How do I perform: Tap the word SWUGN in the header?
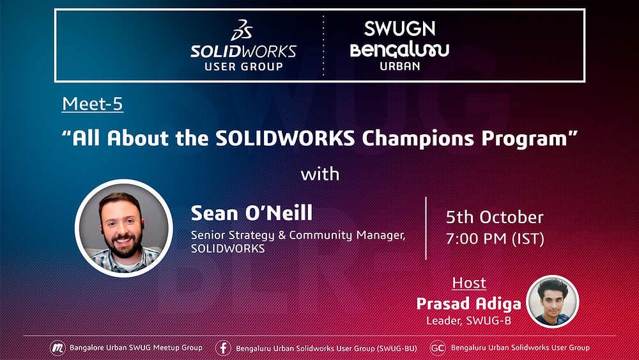pyautogui.click(x=399, y=28)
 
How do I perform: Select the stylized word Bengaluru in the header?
pyautogui.click(x=399, y=49)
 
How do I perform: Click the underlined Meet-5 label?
pyautogui.click(x=93, y=104)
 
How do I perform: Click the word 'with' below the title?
pyautogui.click(x=319, y=174)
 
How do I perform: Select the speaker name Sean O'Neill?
pyautogui.click(x=252, y=212)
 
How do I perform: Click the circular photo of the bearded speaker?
pyautogui.click(x=123, y=227)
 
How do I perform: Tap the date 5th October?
pyautogui.click(x=495, y=217)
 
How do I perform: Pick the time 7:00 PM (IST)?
pyautogui.click(x=495, y=239)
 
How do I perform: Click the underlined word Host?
pyautogui.click(x=469, y=283)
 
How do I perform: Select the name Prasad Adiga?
pyautogui.click(x=468, y=303)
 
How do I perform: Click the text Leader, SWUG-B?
pyautogui.click(x=468, y=320)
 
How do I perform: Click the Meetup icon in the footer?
pyautogui.click(x=58, y=348)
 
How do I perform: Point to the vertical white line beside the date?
pyautogui.click(x=426, y=228)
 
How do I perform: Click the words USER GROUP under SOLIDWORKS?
pyautogui.click(x=243, y=65)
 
